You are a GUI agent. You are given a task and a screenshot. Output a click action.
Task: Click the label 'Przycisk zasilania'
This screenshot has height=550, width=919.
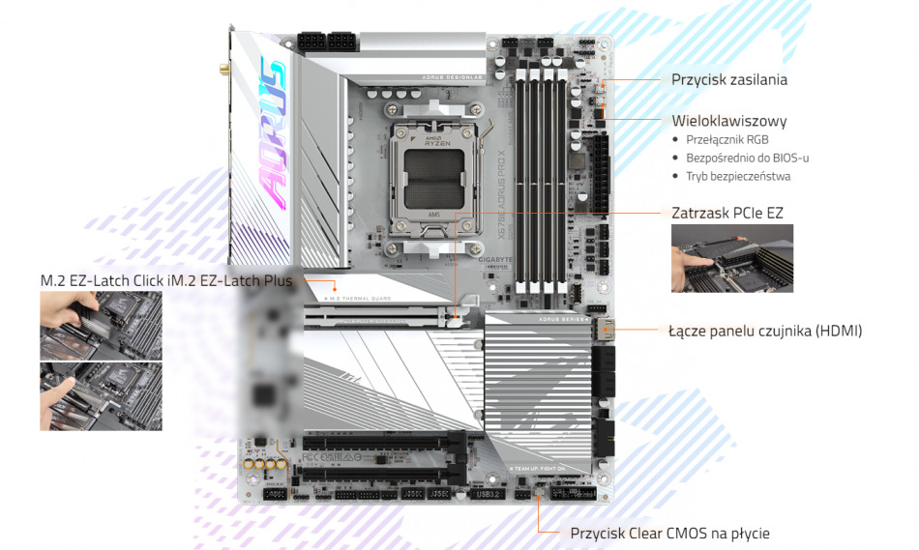(728, 79)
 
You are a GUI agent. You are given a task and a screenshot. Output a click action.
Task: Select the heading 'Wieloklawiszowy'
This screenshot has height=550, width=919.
(728, 122)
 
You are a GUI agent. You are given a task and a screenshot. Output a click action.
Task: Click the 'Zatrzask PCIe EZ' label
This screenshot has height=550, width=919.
(726, 212)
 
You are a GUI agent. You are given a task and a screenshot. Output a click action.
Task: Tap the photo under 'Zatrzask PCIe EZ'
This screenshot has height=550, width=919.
(732, 258)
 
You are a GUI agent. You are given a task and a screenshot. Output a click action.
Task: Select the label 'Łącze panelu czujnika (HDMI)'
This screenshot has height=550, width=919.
(764, 331)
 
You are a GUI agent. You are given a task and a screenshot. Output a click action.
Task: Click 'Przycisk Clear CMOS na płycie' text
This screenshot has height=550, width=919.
(669, 533)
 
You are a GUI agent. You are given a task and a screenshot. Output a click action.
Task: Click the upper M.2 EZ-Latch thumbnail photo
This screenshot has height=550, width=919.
(101, 326)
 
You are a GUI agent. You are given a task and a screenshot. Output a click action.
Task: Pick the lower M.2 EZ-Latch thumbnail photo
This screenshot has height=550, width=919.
(101, 396)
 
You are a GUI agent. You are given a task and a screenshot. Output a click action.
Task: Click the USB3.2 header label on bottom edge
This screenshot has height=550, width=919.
(487, 495)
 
